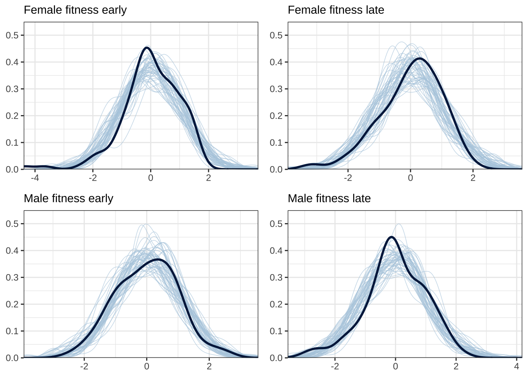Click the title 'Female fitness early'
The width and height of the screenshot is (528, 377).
[x=75, y=10]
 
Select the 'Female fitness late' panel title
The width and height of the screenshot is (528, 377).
[x=336, y=10]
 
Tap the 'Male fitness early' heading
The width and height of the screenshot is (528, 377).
[x=68, y=198]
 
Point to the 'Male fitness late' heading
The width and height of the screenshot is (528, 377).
[x=329, y=198]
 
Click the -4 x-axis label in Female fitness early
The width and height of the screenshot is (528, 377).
[x=35, y=178]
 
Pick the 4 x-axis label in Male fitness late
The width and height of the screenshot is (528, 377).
[x=517, y=366]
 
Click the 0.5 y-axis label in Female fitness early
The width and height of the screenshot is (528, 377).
[x=12, y=35]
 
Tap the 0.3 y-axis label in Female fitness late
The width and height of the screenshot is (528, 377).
[x=276, y=89]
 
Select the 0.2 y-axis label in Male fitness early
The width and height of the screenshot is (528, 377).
[x=12, y=304]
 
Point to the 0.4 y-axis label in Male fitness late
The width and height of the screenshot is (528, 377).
[x=276, y=251]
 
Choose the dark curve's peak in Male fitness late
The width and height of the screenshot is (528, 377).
[x=391, y=237]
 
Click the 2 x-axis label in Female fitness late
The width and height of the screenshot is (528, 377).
[x=473, y=178]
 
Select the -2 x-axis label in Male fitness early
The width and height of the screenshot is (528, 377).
[x=84, y=366]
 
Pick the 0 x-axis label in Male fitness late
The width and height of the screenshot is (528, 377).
[x=396, y=366]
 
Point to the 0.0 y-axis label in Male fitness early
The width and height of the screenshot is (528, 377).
[x=12, y=358]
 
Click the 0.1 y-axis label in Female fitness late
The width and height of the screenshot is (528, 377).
[x=276, y=143]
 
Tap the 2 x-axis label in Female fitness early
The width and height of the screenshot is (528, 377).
[x=209, y=178]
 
